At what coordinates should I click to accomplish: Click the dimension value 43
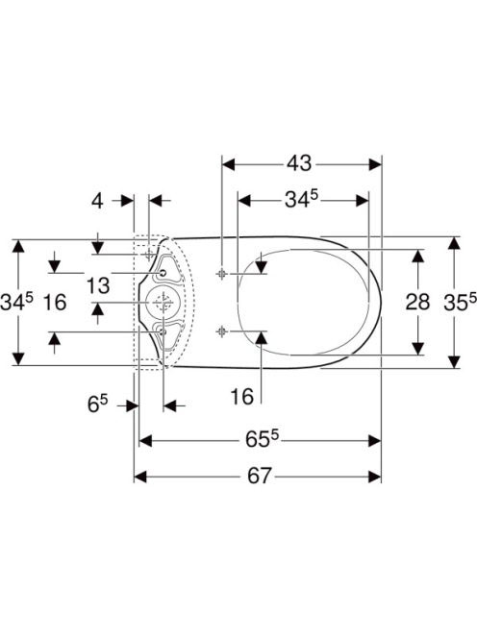tap(299, 163)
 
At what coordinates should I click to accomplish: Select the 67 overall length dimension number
tap(259, 476)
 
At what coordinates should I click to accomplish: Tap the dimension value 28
tap(417, 302)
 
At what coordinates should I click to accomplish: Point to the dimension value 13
tap(98, 285)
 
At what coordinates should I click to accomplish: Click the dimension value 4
tap(97, 201)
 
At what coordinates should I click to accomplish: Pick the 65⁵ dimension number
tap(262, 439)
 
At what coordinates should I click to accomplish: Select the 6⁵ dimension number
tap(97, 405)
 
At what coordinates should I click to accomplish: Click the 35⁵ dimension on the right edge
tap(460, 302)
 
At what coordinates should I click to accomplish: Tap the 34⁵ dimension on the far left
tap(16, 302)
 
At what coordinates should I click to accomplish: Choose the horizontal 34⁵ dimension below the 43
tap(301, 200)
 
